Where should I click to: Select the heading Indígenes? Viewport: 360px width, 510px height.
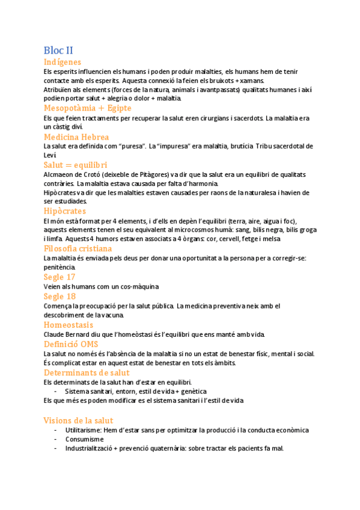(63, 62)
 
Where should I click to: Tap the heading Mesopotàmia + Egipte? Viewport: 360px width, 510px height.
(87, 108)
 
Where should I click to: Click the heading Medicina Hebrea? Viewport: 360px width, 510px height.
(76, 137)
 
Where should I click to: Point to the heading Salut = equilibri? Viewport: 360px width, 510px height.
(75, 164)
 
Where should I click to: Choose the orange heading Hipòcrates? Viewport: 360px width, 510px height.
(65, 211)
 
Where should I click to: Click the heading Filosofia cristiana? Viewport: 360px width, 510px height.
(78, 248)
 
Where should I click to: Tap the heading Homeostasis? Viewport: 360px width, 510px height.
(69, 325)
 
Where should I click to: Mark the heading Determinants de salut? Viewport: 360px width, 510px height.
(87, 373)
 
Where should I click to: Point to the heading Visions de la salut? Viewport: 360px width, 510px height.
(78, 420)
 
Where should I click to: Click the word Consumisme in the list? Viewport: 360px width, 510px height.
(85, 439)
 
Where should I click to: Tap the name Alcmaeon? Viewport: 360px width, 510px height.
(58, 174)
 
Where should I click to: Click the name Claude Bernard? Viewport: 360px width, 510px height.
(65, 334)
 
